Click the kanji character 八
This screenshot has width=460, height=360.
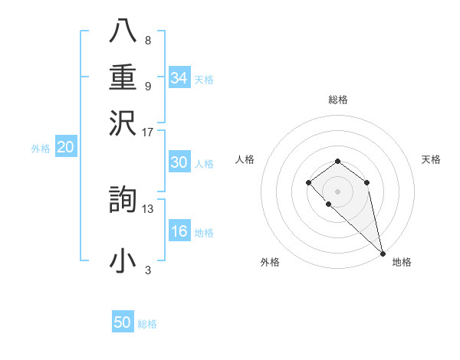(123, 31)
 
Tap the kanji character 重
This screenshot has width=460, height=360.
(123, 77)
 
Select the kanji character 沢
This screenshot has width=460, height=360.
(123, 123)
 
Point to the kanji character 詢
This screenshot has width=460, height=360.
(123, 200)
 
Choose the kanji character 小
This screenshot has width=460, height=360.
(123, 261)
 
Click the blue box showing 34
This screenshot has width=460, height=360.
(179, 78)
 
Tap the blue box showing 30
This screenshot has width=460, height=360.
(179, 162)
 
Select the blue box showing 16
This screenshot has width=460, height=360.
(179, 231)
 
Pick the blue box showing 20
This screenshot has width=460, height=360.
(65, 147)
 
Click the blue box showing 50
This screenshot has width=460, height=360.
(123, 322)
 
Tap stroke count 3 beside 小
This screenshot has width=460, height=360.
(147, 270)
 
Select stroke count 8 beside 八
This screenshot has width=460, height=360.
(147, 40)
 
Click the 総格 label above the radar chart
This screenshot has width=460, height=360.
(337, 100)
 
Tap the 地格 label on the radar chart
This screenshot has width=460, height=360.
(402, 262)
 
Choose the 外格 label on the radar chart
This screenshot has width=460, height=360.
(270, 262)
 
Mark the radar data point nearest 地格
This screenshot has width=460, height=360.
(383, 254)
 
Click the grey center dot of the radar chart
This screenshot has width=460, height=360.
(337, 191)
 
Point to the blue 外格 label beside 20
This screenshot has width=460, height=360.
(41, 149)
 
